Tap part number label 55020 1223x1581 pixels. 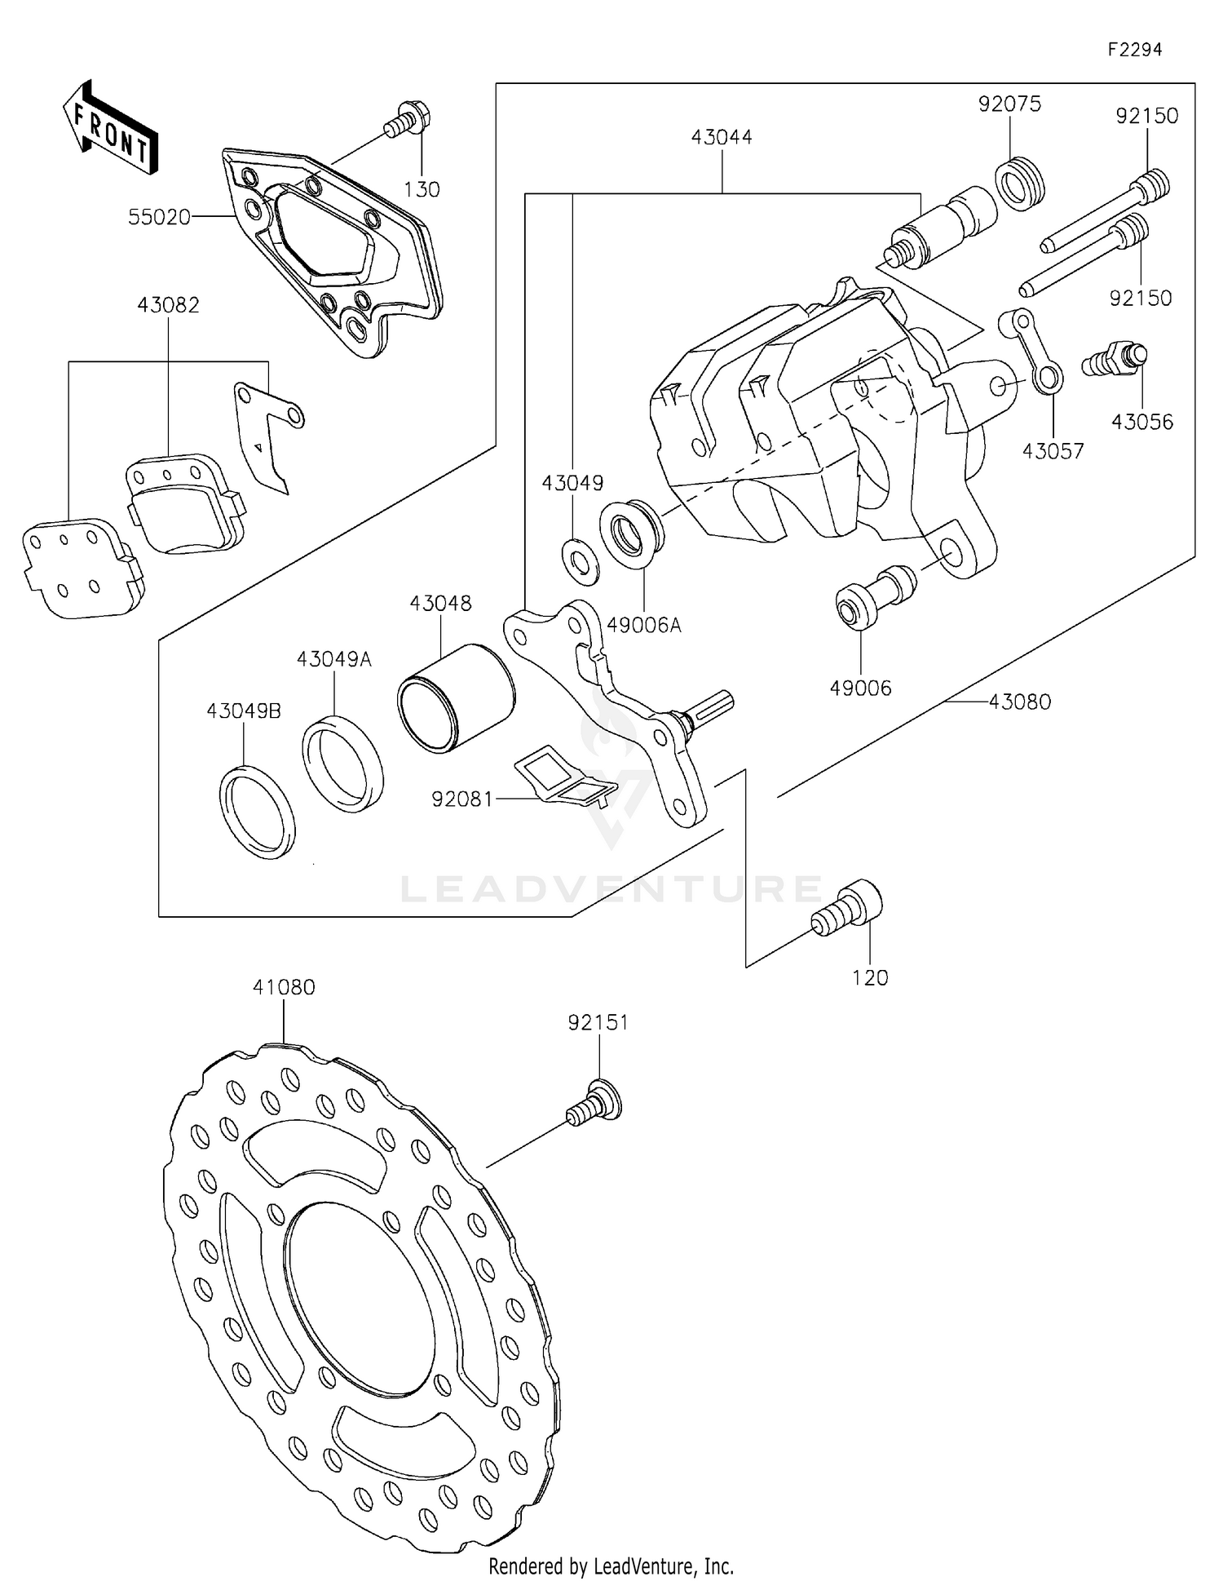(159, 217)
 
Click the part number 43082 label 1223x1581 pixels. (168, 305)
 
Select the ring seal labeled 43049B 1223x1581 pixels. (257, 812)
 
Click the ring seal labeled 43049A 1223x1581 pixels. (342, 764)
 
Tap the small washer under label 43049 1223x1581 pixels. (581, 561)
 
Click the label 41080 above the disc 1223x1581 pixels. (283, 987)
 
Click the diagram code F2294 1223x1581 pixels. (1134, 50)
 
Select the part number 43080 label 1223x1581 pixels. (1019, 702)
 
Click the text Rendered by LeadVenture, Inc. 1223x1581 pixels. (611, 1566)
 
